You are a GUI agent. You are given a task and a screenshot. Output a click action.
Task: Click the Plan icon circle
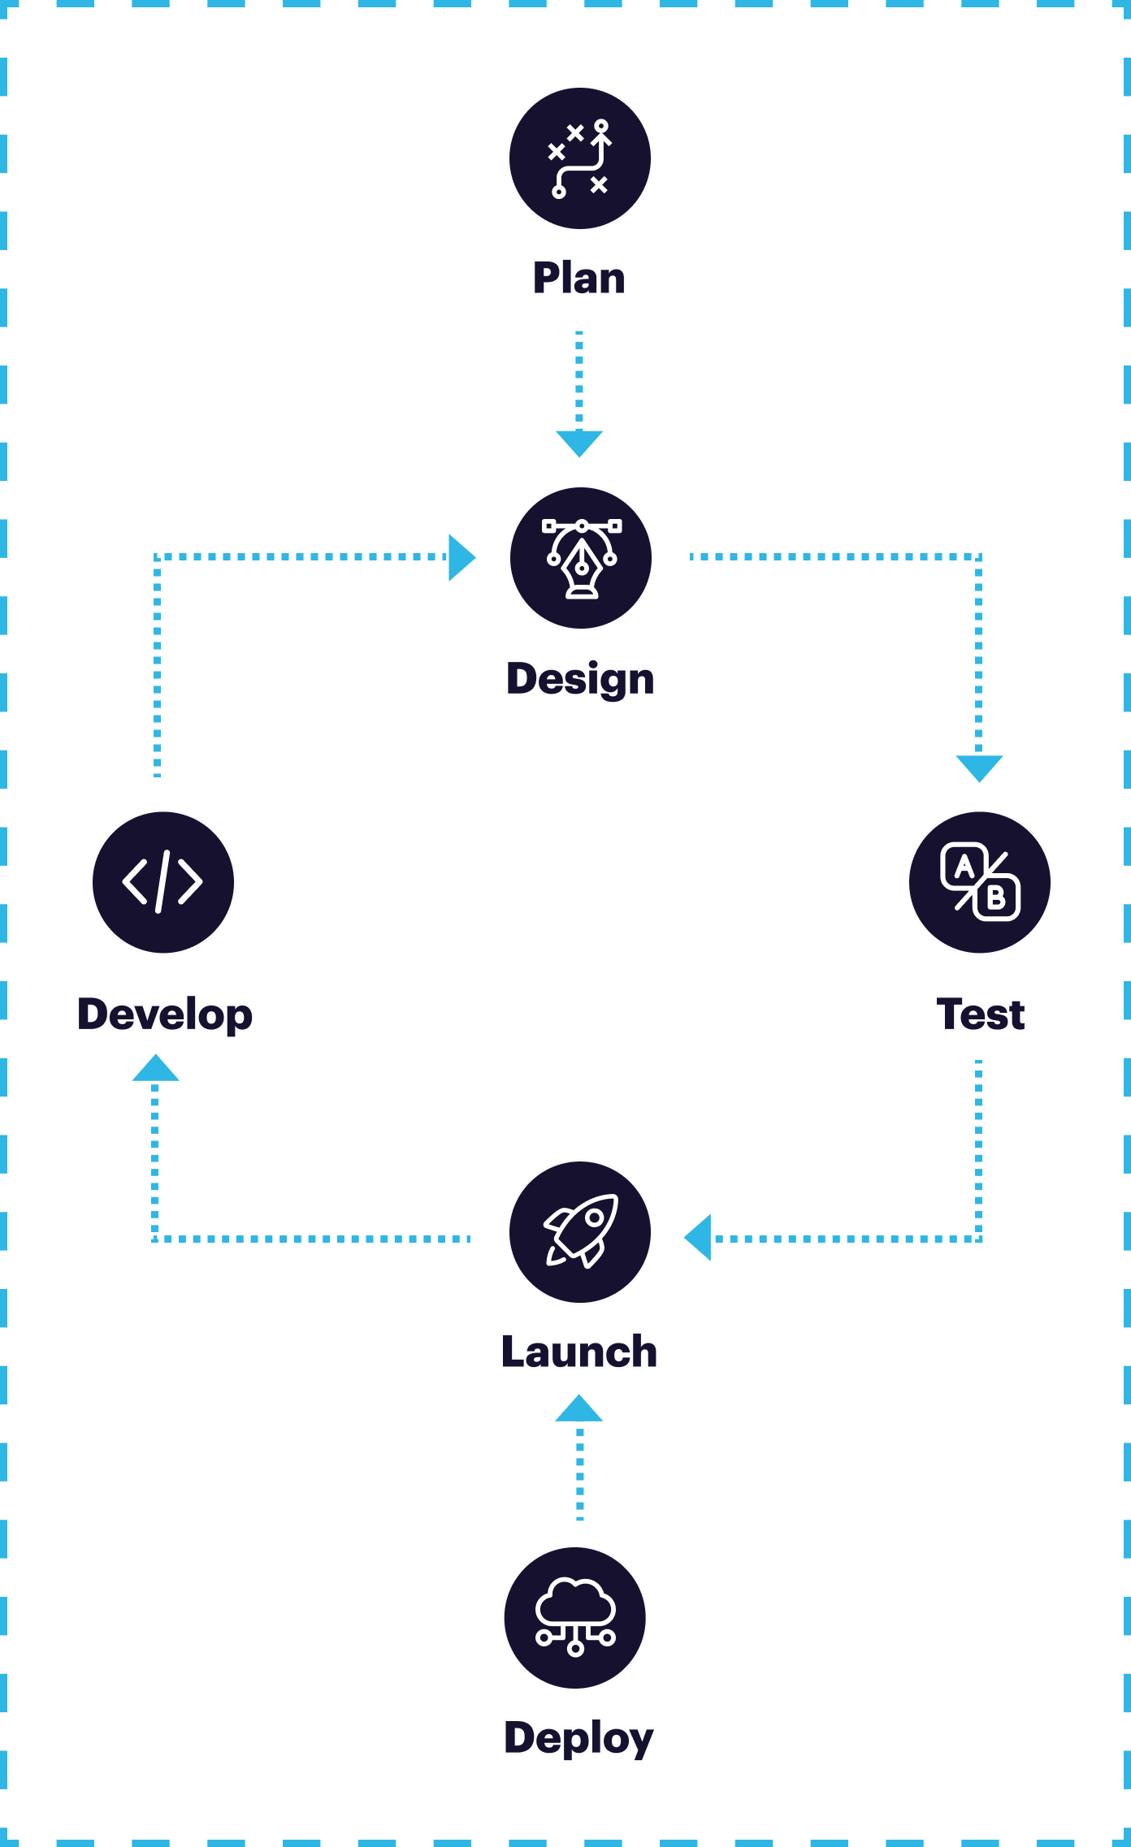pos(580,158)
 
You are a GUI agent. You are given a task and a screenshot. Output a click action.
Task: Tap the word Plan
pos(579,278)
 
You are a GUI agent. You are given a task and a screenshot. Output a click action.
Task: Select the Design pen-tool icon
pos(581,558)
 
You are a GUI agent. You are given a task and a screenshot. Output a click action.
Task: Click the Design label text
pos(580,678)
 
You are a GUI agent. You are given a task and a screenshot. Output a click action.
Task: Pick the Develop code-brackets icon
pos(163,882)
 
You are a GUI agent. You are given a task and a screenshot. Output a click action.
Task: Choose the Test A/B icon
pos(980,882)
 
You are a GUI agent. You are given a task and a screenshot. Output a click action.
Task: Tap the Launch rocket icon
pos(580,1232)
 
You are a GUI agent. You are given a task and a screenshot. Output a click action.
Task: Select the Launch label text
pos(579,1352)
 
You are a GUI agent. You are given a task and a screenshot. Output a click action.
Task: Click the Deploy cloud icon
pos(575,1618)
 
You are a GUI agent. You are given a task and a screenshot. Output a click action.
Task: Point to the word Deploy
pos(579,1738)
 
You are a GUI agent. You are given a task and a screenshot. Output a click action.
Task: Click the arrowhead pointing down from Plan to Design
pos(579,443)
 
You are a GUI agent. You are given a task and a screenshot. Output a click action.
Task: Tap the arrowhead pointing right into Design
pos(460,558)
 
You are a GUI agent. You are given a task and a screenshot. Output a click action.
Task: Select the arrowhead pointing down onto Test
pos(979,767)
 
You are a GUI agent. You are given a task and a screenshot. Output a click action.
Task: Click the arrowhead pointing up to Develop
pos(155,1070)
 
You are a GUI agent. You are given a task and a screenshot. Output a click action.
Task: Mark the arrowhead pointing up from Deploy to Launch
pos(578,1410)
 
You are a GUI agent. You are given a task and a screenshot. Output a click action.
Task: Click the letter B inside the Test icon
pos(996,898)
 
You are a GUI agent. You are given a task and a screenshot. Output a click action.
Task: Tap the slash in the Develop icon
pos(162,882)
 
